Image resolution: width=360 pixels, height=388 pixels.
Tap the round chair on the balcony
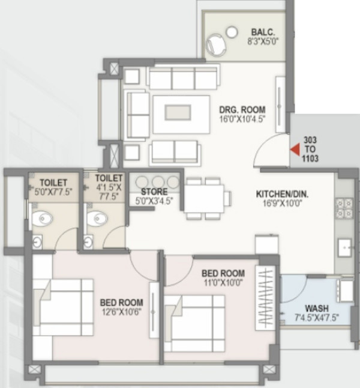click(x=215, y=43)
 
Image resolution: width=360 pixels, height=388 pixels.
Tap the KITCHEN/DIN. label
click(x=281, y=195)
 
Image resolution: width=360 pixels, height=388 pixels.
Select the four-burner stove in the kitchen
click(x=344, y=208)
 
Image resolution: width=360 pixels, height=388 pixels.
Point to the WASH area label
click(x=316, y=308)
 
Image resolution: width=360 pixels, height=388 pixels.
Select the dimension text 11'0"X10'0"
click(x=223, y=282)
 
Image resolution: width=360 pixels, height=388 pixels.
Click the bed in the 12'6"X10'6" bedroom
click(x=62, y=310)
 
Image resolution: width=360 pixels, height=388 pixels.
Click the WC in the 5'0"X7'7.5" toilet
click(x=42, y=219)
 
